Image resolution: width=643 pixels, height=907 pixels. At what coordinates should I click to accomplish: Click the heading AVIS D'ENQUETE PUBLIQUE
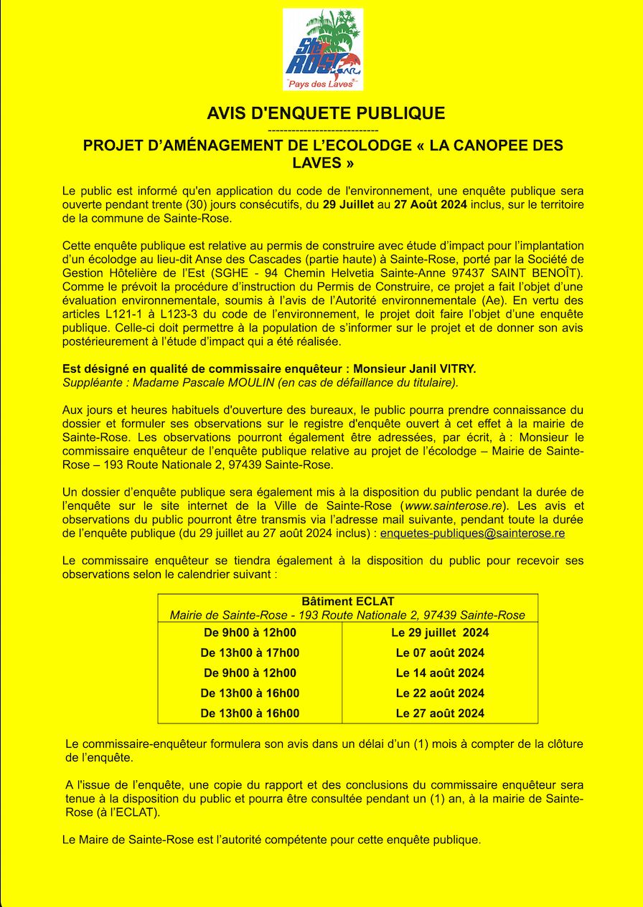[326, 113]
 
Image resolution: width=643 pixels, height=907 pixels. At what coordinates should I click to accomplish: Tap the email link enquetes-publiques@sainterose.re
[472, 533]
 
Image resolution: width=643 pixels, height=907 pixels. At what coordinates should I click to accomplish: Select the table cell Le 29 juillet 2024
[440, 632]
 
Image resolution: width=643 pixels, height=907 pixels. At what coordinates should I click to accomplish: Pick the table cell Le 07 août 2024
[440, 652]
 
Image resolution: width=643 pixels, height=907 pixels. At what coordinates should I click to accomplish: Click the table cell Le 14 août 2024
[440, 673]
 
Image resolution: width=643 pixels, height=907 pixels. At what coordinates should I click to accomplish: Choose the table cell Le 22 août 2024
[440, 693]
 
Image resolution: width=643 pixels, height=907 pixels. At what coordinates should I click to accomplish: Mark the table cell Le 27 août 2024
[440, 713]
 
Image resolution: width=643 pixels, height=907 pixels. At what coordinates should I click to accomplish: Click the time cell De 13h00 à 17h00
[250, 652]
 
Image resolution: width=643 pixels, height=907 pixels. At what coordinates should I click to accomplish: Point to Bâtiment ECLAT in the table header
[348, 602]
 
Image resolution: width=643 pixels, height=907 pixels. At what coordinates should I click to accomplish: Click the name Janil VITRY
[443, 369]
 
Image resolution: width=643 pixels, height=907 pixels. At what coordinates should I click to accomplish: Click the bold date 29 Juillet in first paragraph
[348, 205]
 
